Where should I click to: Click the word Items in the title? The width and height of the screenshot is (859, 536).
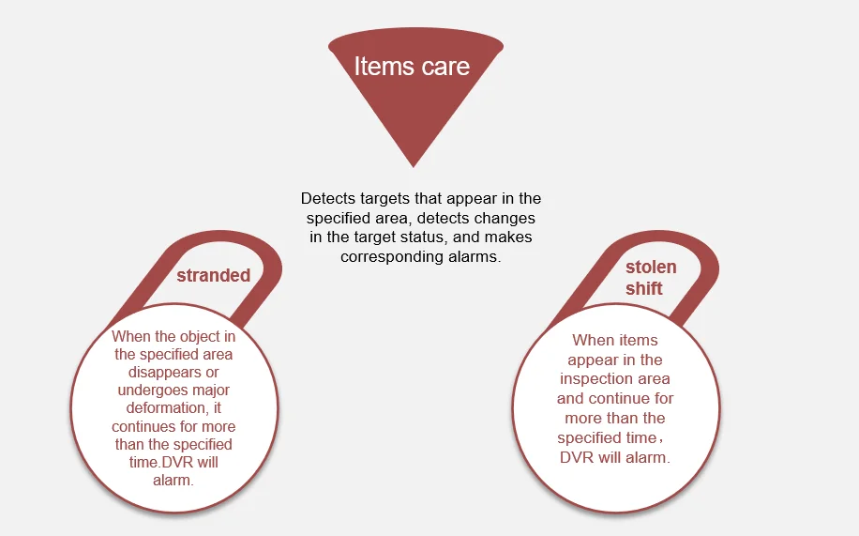point(382,67)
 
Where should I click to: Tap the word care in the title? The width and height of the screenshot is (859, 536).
point(445,68)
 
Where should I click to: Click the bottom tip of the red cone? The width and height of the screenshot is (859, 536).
point(414,167)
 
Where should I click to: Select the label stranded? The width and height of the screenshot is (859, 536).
point(213,275)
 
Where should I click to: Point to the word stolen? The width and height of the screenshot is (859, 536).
point(651,268)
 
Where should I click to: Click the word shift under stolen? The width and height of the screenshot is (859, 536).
point(643,288)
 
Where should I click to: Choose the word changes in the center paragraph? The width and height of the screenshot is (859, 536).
point(505,219)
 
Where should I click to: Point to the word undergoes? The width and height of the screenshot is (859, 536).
point(152,391)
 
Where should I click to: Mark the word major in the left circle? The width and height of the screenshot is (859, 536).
point(210,391)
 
